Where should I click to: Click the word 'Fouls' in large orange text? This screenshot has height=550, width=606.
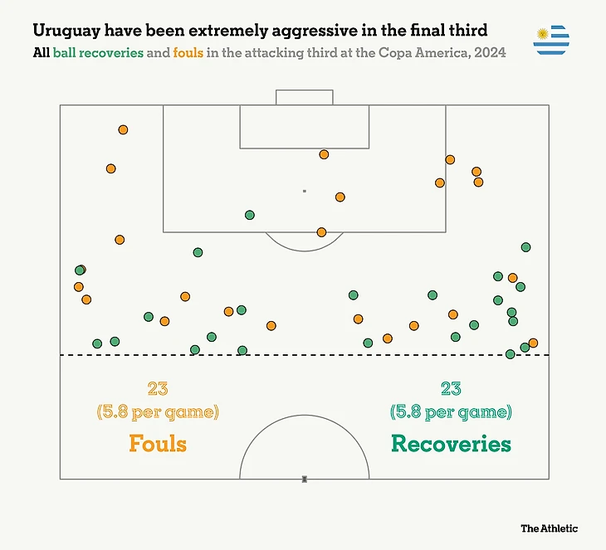coord(158,442)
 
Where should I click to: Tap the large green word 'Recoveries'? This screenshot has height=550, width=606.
coord(451,443)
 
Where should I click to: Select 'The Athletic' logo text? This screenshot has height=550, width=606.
coord(549,528)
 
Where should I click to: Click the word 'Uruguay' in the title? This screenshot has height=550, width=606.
coord(66,31)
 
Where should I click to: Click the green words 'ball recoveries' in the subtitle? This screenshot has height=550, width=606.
coord(97,52)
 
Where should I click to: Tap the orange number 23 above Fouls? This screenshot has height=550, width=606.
coord(158,388)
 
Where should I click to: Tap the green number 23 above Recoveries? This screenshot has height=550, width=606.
coord(451,388)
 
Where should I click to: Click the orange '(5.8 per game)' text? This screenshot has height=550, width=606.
coord(158,411)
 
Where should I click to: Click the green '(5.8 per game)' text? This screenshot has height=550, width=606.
coord(451,411)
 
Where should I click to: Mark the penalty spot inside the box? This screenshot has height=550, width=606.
coord(305,191)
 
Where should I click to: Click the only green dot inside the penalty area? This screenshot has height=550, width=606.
coord(250,215)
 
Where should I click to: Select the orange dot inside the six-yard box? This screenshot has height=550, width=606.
coord(324,154)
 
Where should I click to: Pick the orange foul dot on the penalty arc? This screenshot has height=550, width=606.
coord(321,232)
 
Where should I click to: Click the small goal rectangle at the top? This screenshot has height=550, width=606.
coord(304,97)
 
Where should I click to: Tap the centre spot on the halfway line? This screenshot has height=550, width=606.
coord(305,479)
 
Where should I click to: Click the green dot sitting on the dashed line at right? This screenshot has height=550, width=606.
coord(511,354)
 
